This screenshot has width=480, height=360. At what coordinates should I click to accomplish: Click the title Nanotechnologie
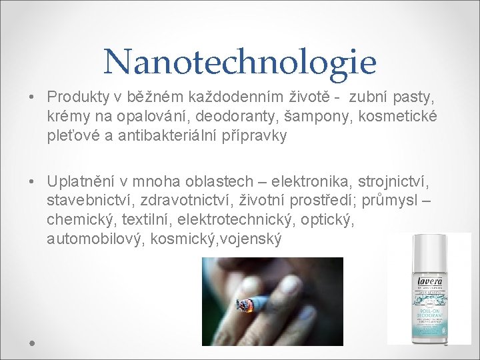(240, 62)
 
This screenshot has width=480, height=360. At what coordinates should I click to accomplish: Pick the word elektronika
(313, 181)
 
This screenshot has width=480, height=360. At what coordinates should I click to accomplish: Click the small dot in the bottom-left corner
(31, 342)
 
